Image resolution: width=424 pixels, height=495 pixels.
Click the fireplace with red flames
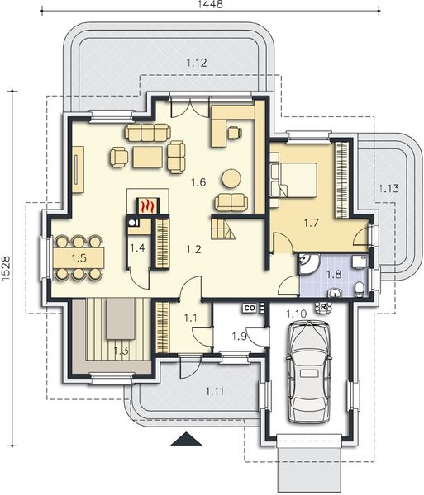tap(148, 205)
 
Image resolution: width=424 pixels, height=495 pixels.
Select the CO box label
tap(250, 308)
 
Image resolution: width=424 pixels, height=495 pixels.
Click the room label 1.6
tap(198, 182)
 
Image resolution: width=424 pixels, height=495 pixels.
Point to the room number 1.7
tap(311, 223)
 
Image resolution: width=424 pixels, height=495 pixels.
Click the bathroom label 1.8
tap(334, 274)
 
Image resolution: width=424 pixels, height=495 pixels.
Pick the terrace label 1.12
tap(197, 63)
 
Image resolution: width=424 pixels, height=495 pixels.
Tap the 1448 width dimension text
tap(210, 4)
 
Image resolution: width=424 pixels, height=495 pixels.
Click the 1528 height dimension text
tap(6, 267)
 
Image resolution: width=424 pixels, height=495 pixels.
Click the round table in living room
tap(231, 179)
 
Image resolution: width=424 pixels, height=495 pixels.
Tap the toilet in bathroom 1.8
tap(360, 290)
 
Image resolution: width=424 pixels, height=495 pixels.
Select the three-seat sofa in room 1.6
tap(148, 133)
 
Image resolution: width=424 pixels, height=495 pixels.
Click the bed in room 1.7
tap(293, 180)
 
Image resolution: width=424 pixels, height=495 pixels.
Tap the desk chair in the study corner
tap(235, 132)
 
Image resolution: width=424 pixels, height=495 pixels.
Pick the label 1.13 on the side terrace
tap(388, 189)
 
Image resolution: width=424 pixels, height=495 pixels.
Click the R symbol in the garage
tap(323, 307)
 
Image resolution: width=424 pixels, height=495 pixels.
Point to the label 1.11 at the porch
tap(215, 392)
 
